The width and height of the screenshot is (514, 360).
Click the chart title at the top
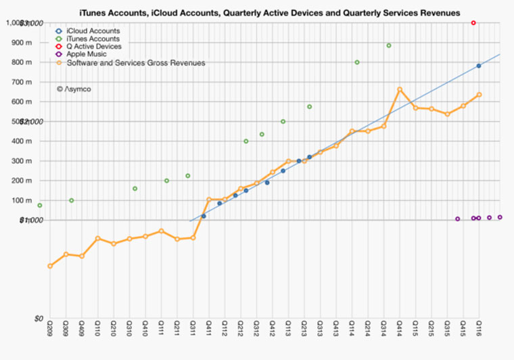tap(270, 13)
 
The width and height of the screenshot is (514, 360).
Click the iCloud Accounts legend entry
tap(93, 30)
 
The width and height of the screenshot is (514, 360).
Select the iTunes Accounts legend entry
tap(93, 39)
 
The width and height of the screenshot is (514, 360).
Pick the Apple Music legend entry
tap(87, 55)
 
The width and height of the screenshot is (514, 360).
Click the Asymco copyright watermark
tap(74, 89)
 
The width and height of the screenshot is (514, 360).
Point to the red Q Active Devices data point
tap(473, 23)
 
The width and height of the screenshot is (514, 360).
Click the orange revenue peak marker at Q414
tap(400, 89)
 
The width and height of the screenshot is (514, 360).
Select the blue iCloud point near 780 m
tap(479, 66)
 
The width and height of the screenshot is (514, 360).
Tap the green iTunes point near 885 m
tap(389, 45)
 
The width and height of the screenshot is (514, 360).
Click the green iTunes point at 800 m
tap(357, 62)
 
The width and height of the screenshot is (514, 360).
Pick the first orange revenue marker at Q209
tap(50, 266)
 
